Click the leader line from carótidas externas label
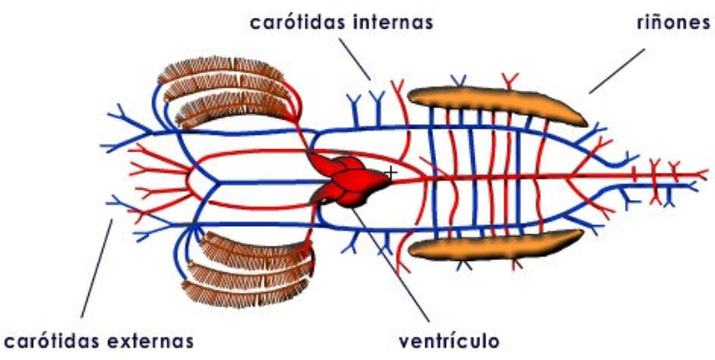[97, 268]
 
